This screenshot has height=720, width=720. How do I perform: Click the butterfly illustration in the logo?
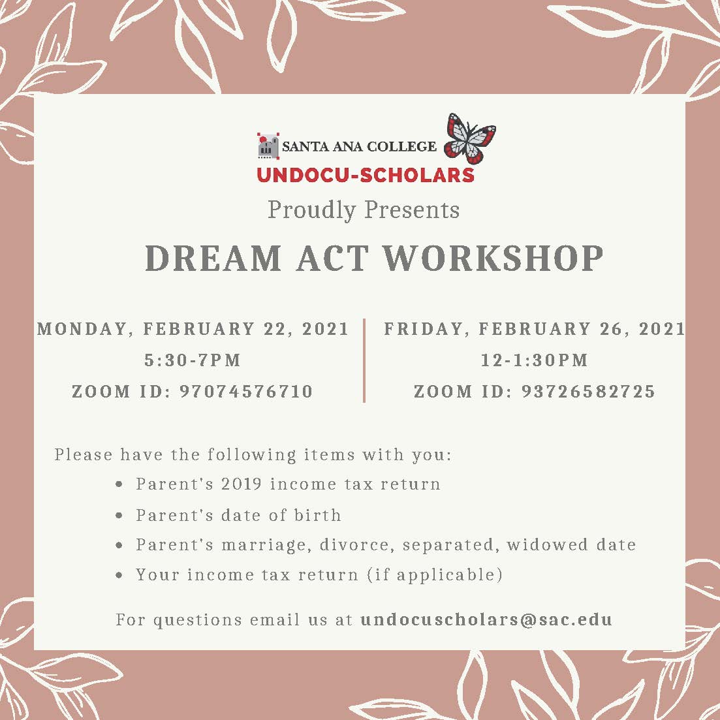point(469,138)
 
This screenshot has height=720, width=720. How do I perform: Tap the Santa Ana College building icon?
point(268,146)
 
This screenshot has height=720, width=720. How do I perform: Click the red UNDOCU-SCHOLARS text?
point(365,175)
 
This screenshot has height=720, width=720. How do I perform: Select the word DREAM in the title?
point(213,258)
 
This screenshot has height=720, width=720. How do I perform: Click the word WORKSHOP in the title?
point(493,258)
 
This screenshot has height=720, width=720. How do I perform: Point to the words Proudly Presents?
point(363,210)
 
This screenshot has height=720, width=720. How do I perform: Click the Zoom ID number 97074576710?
point(246,391)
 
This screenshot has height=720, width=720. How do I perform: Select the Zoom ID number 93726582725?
point(588,391)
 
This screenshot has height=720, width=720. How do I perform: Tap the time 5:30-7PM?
point(193,360)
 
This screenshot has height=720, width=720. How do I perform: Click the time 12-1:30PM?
point(534,360)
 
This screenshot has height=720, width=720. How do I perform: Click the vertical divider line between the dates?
point(364,360)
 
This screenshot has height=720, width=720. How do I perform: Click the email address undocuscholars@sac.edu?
point(486,619)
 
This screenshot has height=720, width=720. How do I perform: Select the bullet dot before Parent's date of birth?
point(119,516)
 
